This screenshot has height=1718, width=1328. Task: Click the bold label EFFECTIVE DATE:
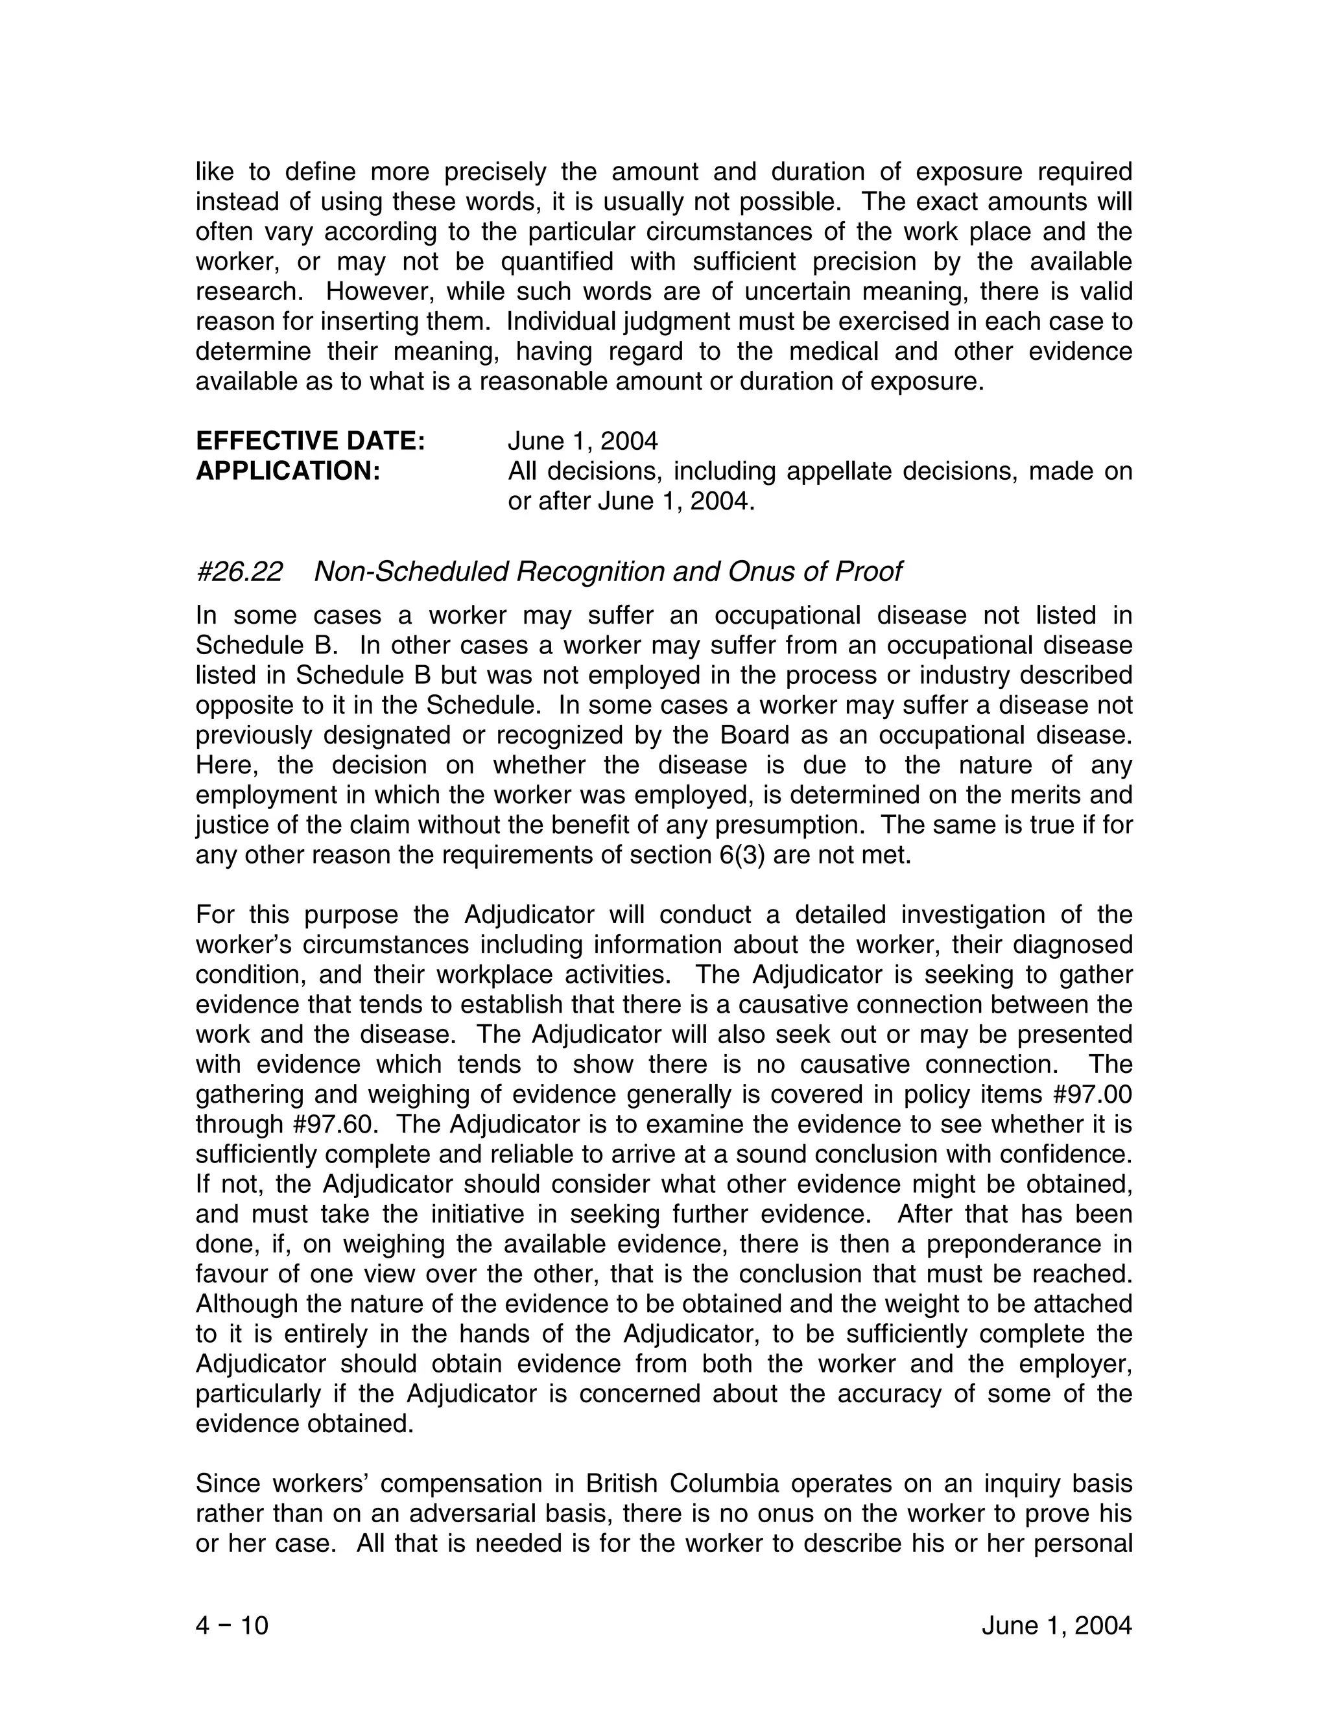coord(310,440)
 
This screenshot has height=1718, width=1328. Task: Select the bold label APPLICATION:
coord(288,471)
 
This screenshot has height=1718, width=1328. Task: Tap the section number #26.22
coord(239,571)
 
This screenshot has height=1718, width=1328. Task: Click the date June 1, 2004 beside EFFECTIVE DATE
coord(582,440)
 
